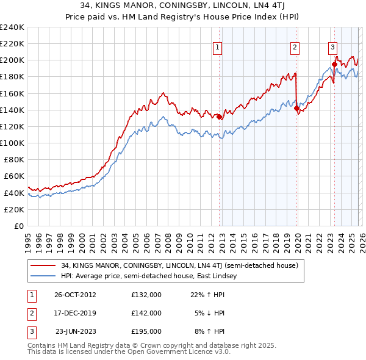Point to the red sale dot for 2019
296,109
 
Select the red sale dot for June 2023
334,64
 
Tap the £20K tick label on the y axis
14,209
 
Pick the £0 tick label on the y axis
18,226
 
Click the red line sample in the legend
43,265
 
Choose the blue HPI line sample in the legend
43,276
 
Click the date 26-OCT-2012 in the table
75,294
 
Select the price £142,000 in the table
146,313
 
